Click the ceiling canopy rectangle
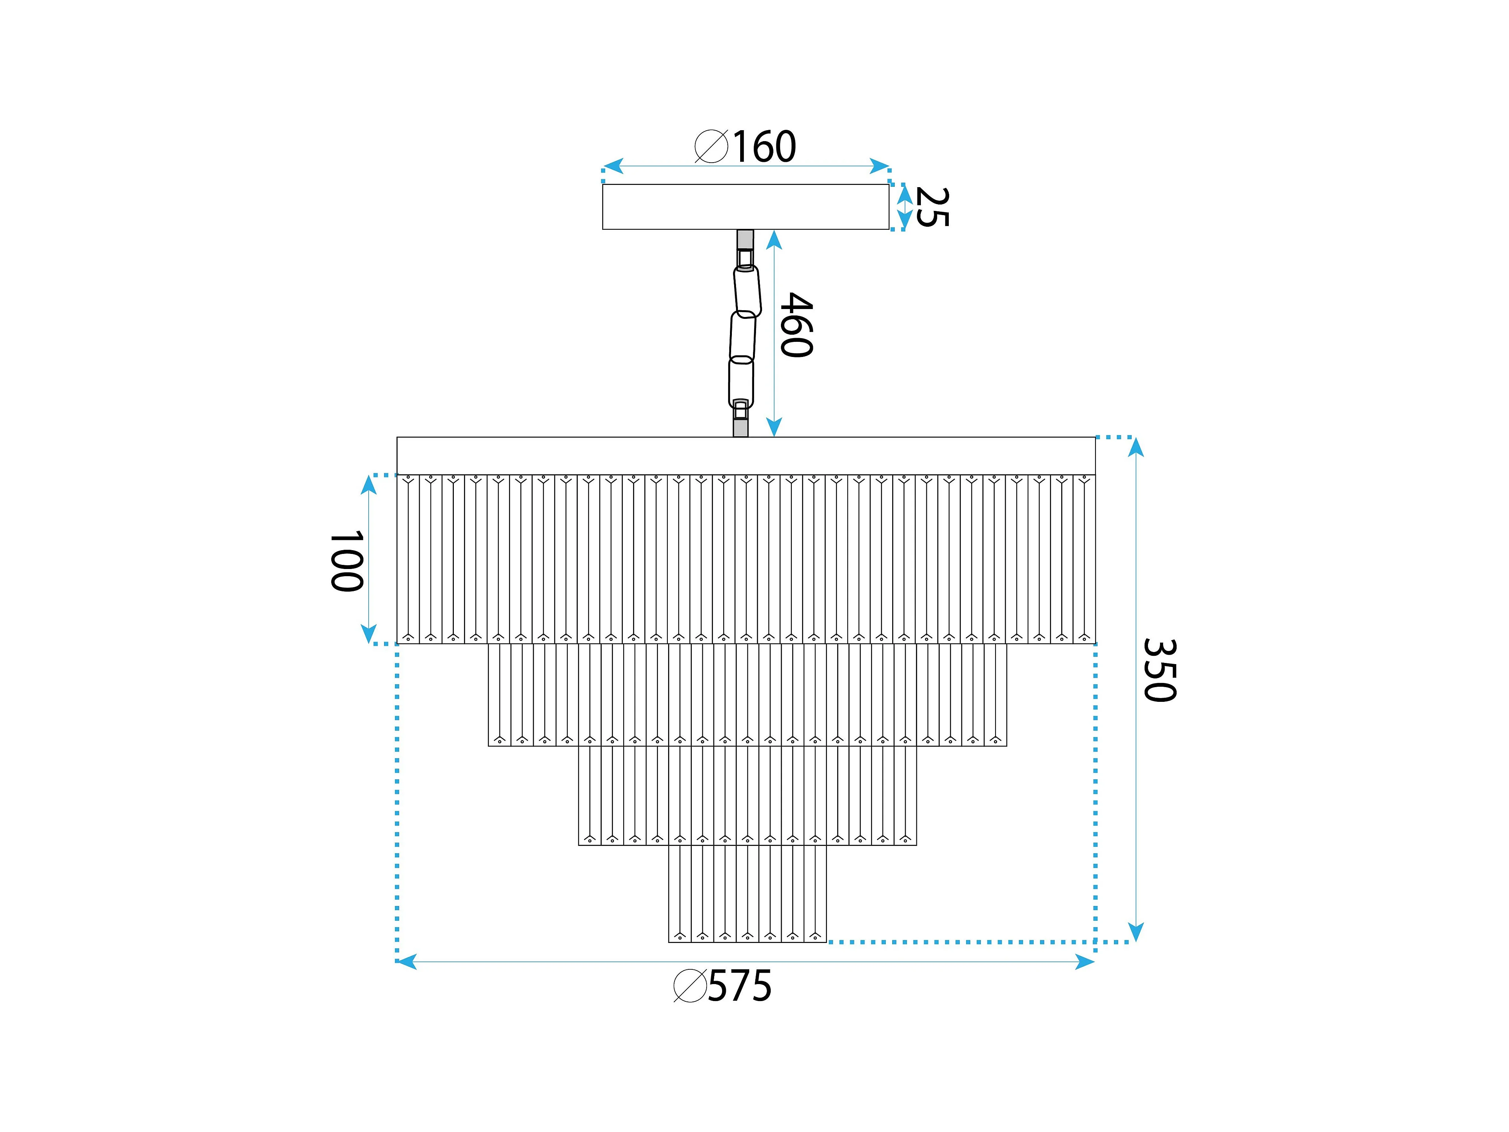tap(745, 207)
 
